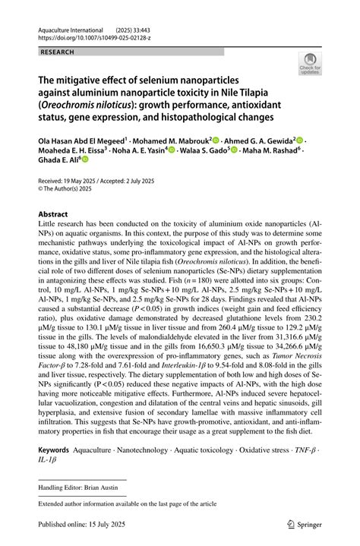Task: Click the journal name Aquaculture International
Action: click(69, 27)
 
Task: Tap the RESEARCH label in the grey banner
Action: click(57, 52)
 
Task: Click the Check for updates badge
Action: click(310, 64)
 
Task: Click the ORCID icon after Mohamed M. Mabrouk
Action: click(216, 140)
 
